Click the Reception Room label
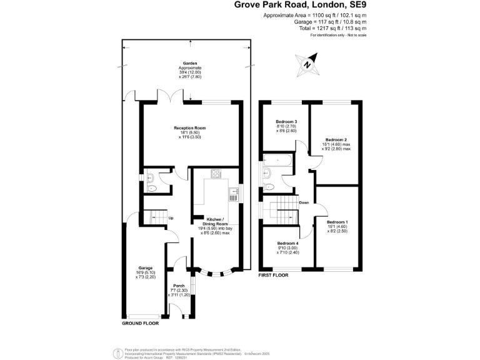(x=189, y=128)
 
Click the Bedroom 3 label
(x=287, y=121)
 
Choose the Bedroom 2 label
(x=336, y=139)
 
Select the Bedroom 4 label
(x=287, y=242)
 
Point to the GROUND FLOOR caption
(x=140, y=324)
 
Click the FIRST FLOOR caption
(x=273, y=274)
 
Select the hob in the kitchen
(x=216, y=174)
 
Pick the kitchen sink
(x=232, y=194)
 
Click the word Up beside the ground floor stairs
(x=170, y=218)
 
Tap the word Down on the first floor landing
(x=304, y=203)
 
